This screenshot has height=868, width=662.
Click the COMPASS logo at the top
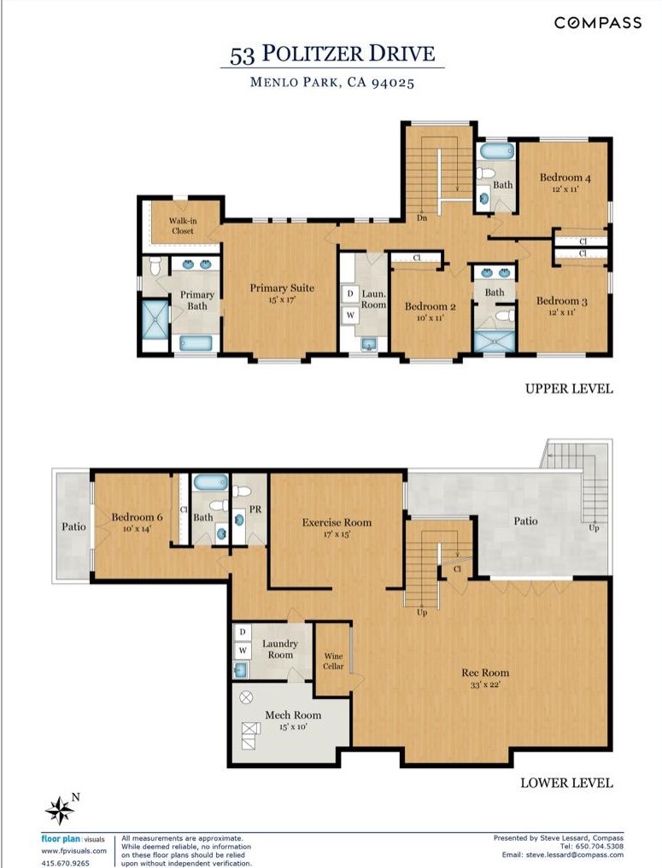click(598, 23)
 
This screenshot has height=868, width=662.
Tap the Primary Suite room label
click(281, 288)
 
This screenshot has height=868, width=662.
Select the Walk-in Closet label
click(183, 226)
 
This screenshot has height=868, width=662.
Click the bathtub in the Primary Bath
click(196, 343)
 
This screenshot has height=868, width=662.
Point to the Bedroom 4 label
click(565, 178)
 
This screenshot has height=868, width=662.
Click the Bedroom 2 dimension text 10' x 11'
click(431, 317)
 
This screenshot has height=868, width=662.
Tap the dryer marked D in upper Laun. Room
click(350, 294)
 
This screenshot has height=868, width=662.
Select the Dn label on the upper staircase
click(422, 218)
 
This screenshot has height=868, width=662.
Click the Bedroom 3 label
click(562, 301)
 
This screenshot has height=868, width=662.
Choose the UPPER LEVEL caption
click(569, 388)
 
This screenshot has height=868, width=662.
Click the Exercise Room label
click(337, 522)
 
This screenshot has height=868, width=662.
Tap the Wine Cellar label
click(333, 661)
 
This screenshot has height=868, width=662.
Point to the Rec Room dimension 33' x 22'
click(485, 684)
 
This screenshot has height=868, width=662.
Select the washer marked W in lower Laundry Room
click(243, 650)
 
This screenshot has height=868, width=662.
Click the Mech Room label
click(293, 714)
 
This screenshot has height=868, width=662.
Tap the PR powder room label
click(255, 510)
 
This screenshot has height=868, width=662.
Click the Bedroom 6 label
click(137, 517)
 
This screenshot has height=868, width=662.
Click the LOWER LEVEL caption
click(566, 783)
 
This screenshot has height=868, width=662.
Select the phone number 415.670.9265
click(66, 863)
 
